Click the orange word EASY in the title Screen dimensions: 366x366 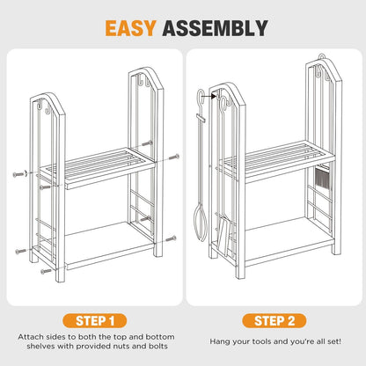pos(130,28)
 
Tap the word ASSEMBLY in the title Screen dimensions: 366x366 pos(215,28)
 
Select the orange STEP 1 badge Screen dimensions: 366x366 pos(95,321)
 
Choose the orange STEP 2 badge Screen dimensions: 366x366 pos(274,321)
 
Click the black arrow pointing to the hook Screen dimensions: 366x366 pos(210,96)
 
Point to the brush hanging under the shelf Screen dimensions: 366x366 pos(322,179)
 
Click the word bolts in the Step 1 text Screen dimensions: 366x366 pos(158,346)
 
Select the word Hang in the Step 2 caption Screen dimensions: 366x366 pos(218,341)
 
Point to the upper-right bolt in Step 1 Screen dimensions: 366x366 pos(173,157)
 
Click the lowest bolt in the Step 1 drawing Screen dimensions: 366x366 pos(46,272)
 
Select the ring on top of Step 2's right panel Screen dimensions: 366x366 pos(322,57)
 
